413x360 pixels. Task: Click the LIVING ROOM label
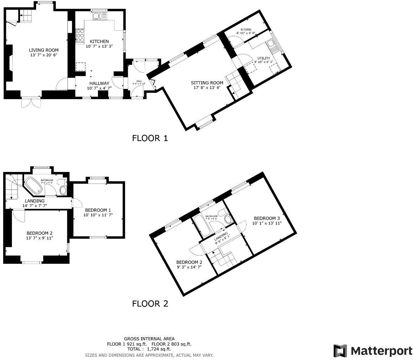(x=44, y=50)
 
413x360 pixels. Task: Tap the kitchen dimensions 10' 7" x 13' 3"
(x=99, y=46)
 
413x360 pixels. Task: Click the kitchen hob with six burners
(x=80, y=36)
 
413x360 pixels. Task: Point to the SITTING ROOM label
(x=207, y=83)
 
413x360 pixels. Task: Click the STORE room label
(x=246, y=29)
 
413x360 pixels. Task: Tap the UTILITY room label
(x=264, y=58)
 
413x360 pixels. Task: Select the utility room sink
(x=271, y=43)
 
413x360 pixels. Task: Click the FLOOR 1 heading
(x=150, y=138)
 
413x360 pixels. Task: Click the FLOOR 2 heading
(x=150, y=303)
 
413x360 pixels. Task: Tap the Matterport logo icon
(x=340, y=351)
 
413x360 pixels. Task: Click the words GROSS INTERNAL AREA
(x=149, y=339)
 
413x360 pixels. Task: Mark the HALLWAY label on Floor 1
(x=99, y=83)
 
